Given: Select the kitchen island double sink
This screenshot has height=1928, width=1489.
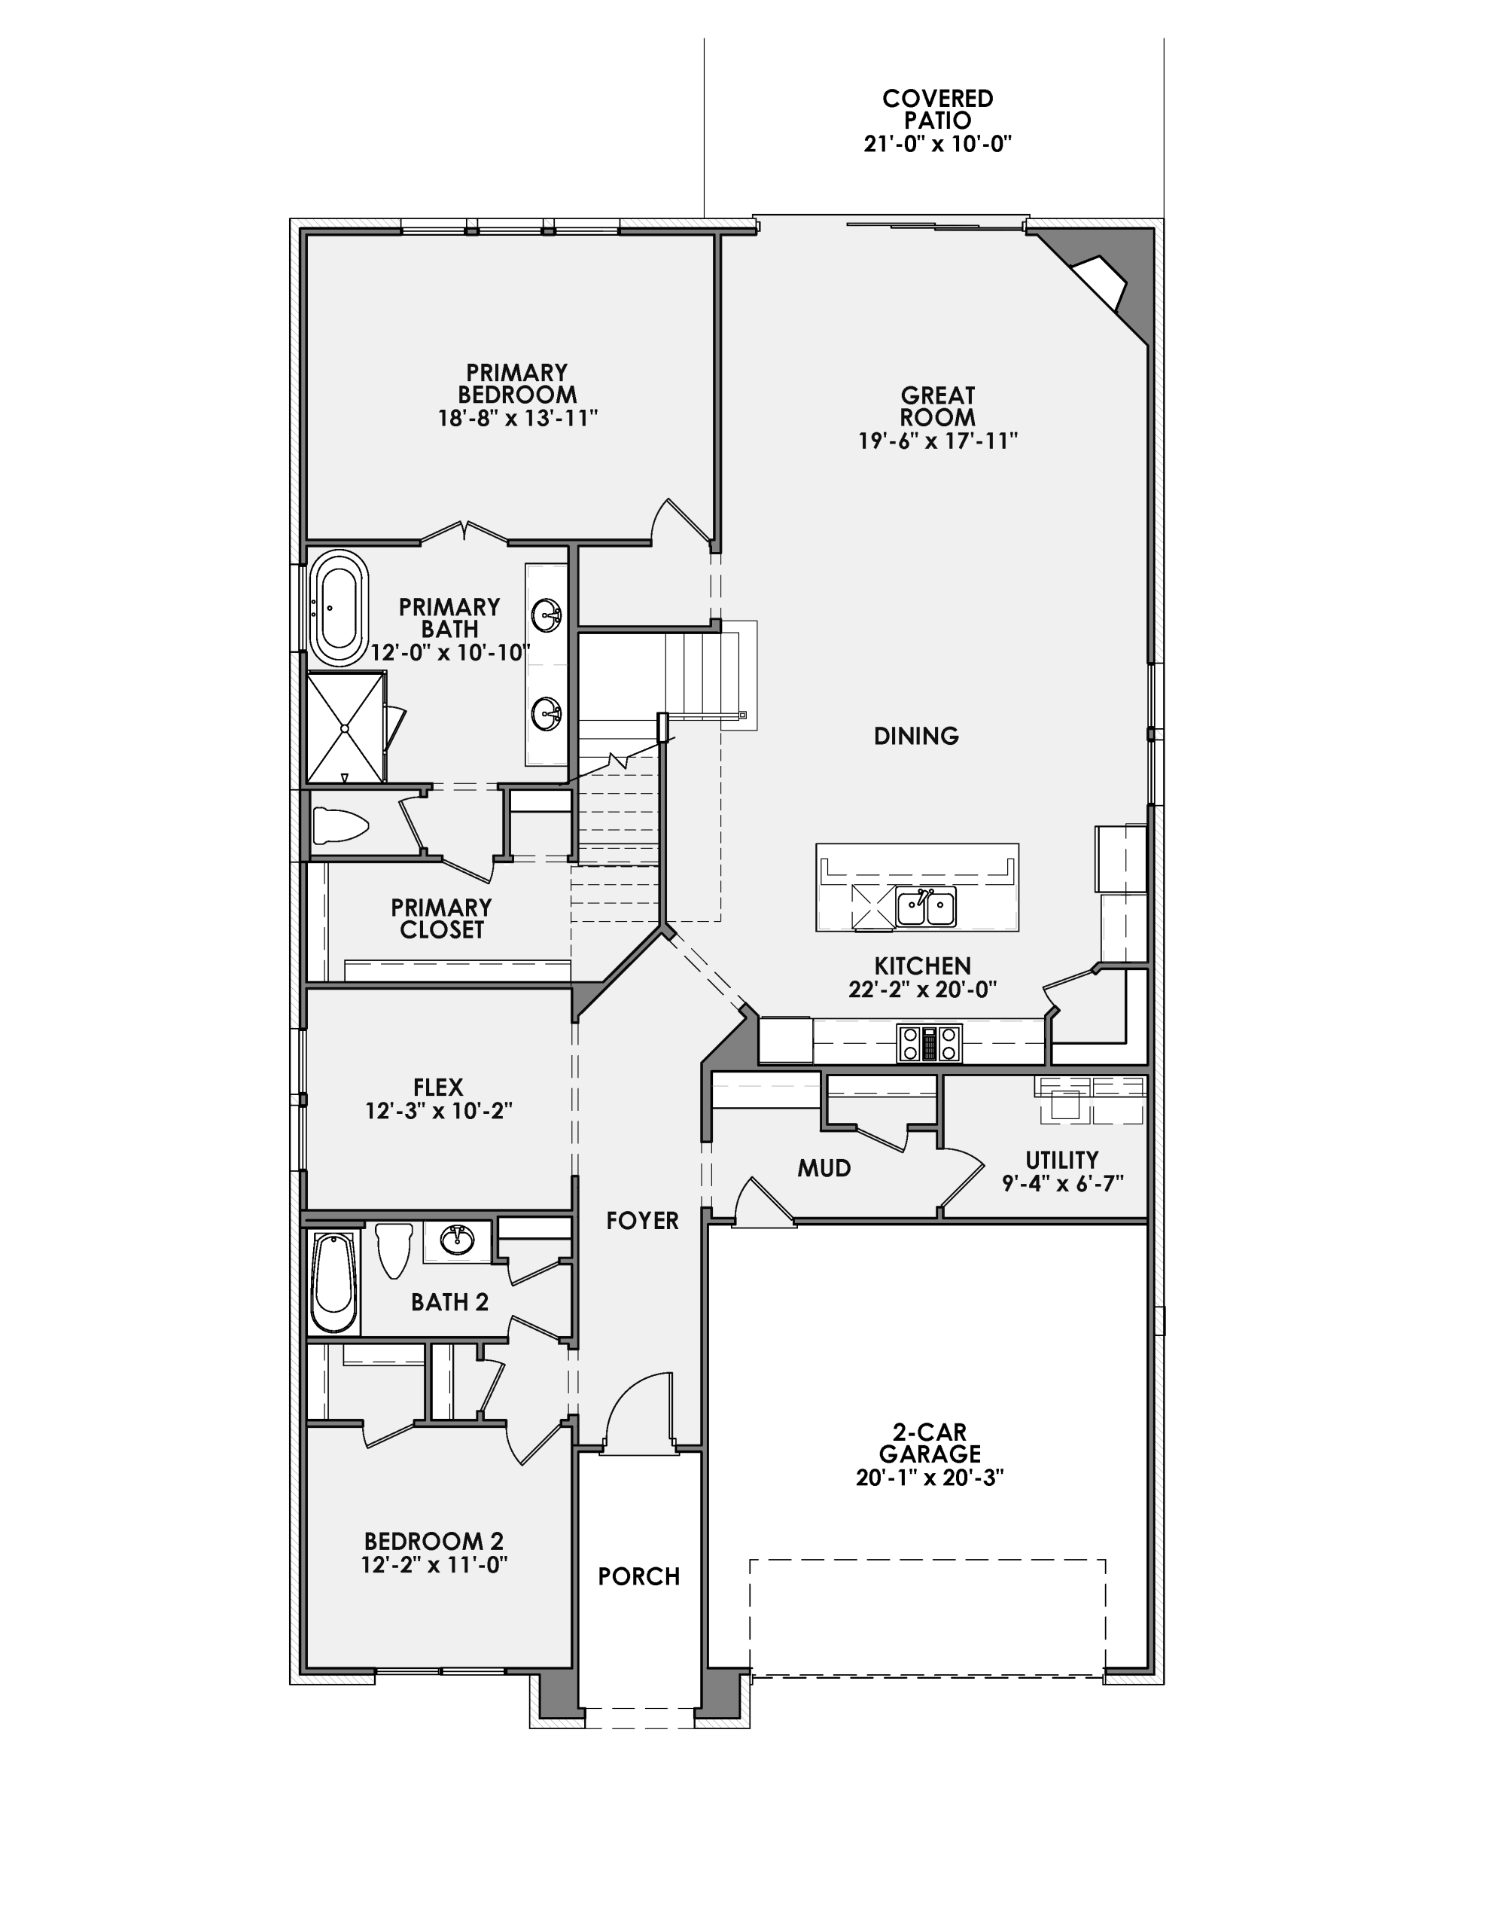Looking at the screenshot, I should [x=925, y=908].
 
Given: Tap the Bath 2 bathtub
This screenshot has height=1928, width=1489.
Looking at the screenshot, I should [x=333, y=1282].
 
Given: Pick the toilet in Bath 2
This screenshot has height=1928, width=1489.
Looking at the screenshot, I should [x=394, y=1246].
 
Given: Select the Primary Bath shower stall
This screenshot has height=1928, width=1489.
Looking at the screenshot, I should [x=345, y=727].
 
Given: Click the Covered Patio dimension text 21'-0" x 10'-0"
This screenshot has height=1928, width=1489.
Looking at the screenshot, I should [x=937, y=143].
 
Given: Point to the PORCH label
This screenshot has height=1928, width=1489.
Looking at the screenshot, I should [x=639, y=1576].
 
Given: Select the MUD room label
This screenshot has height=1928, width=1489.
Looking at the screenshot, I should [x=824, y=1169].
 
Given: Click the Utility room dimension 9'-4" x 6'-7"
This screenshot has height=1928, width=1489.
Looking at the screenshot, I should [x=1062, y=1183].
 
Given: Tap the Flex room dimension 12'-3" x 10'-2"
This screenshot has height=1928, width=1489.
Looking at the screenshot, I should [x=439, y=1111].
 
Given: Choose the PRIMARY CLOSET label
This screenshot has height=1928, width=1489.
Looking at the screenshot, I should [x=441, y=918].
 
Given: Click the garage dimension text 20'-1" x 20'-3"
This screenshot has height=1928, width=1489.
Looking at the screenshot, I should [x=930, y=1478].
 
